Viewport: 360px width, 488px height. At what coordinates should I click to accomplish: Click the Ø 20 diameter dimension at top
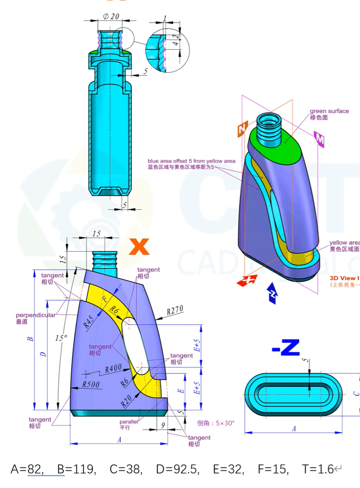(x=110, y=16)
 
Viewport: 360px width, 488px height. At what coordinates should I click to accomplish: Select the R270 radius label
(x=175, y=311)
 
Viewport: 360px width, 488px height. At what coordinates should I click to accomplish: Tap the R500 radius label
(x=91, y=383)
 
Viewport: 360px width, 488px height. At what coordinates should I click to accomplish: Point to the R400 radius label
(x=114, y=369)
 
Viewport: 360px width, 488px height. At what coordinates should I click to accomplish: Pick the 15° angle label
(x=61, y=338)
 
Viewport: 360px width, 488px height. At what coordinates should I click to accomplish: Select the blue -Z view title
(x=286, y=348)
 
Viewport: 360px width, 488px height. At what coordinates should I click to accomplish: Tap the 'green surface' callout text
(x=329, y=111)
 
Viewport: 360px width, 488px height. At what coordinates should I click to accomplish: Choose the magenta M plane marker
(x=319, y=138)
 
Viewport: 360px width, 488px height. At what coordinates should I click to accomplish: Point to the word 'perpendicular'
(x=36, y=315)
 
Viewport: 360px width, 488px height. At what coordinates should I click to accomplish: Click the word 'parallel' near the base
(x=128, y=422)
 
